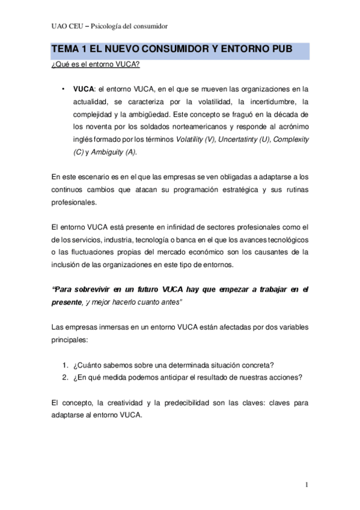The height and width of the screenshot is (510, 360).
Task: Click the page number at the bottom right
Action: click(x=306, y=485)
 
